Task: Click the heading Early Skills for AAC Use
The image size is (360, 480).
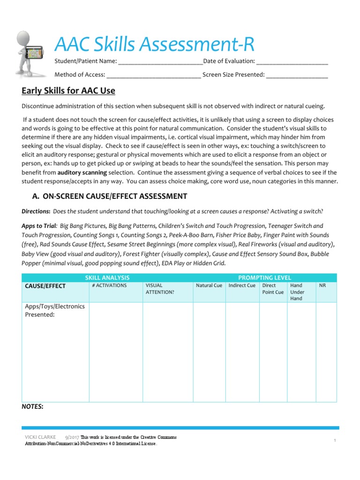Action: click(68, 91)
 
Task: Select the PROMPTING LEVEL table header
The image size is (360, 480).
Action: click(265, 277)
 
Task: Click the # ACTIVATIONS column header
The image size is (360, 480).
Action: click(109, 285)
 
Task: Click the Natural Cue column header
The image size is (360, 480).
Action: click(209, 285)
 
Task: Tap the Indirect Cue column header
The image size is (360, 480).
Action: click(241, 285)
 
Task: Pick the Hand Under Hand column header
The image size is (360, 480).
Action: click(297, 292)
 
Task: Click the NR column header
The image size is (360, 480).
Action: click(322, 285)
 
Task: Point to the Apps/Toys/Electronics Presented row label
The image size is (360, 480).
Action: click(54, 310)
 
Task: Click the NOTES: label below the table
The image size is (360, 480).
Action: click(32, 407)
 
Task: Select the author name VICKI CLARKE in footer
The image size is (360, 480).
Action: click(40, 437)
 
